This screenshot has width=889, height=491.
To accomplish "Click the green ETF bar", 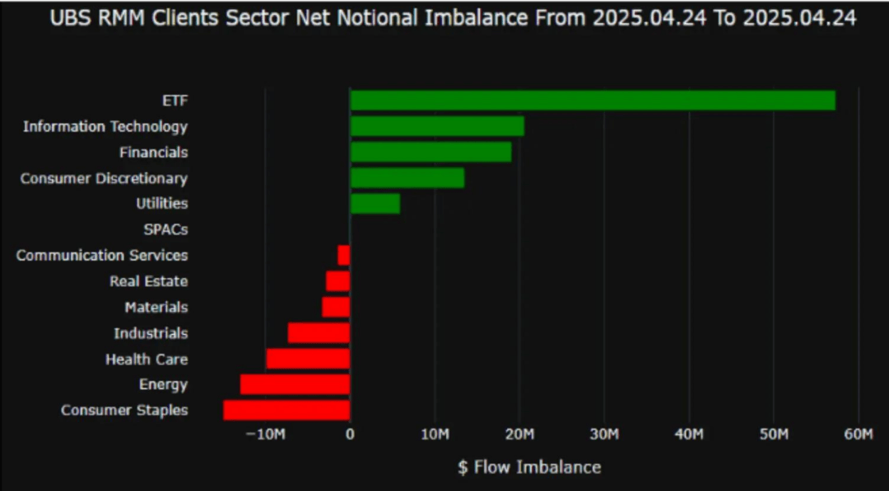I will [593, 100].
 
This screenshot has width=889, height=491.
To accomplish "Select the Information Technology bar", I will [437, 126].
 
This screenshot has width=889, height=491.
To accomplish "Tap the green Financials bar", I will [431, 152].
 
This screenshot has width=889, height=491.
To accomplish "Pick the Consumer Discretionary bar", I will [407, 178].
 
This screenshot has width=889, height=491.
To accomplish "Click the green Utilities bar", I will [375, 203].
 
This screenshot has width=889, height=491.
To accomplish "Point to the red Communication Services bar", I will [344, 255].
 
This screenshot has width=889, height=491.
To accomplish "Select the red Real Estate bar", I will [338, 281].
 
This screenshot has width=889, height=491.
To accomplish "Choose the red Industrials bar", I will [319, 333].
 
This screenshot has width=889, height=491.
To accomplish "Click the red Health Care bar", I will [309, 359].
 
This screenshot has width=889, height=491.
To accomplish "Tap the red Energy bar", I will [296, 384].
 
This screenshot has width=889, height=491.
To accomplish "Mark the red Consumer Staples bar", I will [287, 410].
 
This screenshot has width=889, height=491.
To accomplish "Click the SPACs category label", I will [165, 229].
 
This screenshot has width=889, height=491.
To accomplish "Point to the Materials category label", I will [156, 307].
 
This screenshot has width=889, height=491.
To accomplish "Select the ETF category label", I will [175, 100].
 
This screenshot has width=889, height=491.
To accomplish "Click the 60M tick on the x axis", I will [859, 433].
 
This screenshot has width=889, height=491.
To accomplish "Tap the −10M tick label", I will [265, 433].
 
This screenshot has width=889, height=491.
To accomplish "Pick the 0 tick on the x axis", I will [350, 433].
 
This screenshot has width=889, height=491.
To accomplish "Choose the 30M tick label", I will [604, 433].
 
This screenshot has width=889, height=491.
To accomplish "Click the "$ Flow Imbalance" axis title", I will [529, 467].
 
